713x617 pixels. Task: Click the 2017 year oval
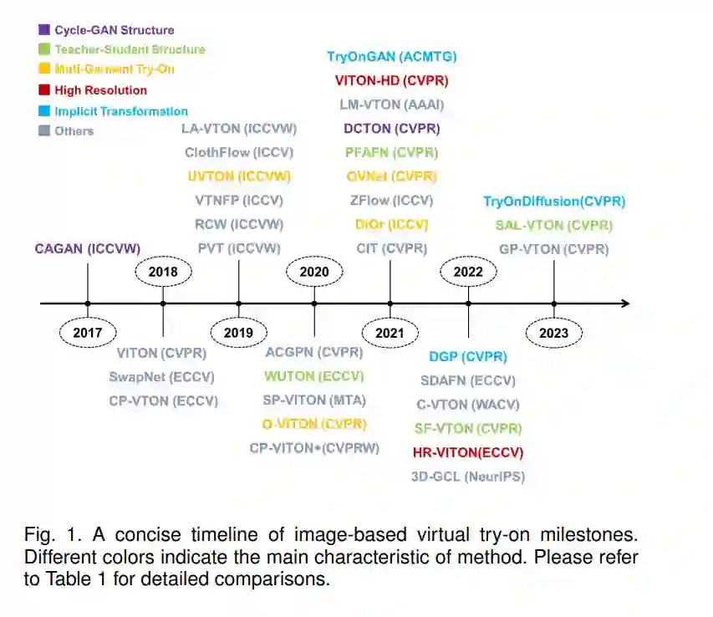coord(88,333)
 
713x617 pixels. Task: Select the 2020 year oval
coord(314,272)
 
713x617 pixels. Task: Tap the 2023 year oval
coord(554,333)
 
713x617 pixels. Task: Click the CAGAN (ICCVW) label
coord(88,248)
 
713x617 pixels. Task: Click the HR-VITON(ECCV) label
coord(468,452)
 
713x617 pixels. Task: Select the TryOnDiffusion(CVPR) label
coord(554,201)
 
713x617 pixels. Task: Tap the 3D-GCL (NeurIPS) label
coord(468,477)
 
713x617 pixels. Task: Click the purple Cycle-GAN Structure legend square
coord(44,30)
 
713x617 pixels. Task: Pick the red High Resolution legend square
coord(44,90)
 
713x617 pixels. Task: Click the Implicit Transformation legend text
coord(121,111)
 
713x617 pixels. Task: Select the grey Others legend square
coord(44,130)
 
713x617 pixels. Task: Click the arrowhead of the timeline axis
coord(624,303)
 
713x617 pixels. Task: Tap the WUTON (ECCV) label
coord(314,376)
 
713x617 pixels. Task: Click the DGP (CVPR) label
coord(468,357)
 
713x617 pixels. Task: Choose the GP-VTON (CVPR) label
coord(554,249)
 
